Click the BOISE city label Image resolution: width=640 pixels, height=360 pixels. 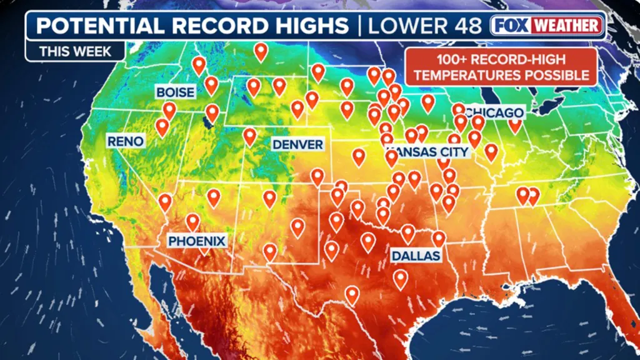point(175,92)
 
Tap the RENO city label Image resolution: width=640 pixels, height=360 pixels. point(125,141)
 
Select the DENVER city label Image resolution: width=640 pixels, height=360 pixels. point(297,145)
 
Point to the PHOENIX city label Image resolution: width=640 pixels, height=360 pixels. point(196,241)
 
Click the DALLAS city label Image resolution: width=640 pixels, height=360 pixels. point(416,256)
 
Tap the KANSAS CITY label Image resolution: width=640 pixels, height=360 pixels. point(427,151)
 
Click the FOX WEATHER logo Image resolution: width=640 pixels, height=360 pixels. point(547,26)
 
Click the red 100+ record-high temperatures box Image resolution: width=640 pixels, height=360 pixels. point(502,67)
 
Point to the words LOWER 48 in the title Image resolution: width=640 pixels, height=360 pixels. point(425,26)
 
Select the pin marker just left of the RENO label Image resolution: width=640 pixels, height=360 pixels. point(162,127)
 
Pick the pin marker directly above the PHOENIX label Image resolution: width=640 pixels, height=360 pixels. point(192,221)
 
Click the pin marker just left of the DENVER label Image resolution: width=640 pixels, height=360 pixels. point(250,136)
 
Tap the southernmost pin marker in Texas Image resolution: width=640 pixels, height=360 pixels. point(352,294)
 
